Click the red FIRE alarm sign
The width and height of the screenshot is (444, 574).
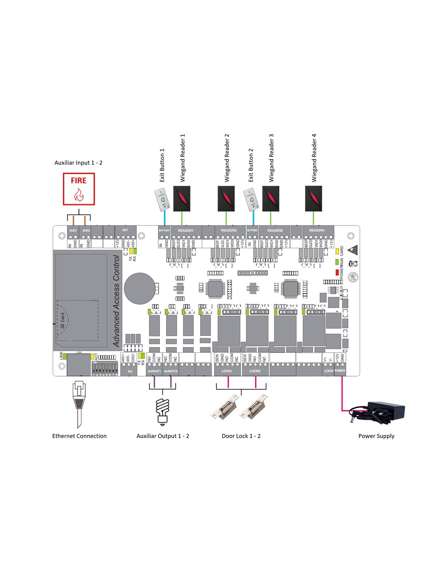(x=79, y=189)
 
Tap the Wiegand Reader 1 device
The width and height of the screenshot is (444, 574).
(x=182, y=198)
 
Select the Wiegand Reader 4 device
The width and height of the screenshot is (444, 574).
(x=313, y=198)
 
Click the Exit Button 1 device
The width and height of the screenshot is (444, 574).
(x=161, y=200)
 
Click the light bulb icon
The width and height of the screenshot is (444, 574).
(x=162, y=411)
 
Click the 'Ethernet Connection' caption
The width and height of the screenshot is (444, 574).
(x=79, y=436)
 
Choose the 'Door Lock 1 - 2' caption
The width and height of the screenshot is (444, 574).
(x=241, y=436)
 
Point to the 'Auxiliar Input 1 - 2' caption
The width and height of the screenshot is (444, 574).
(x=78, y=163)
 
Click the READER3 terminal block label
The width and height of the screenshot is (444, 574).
(x=275, y=230)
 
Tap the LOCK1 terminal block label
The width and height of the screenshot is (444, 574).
(x=227, y=371)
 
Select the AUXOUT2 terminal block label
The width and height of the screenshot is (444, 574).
(x=171, y=371)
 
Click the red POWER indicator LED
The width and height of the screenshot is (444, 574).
(x=337, y=272)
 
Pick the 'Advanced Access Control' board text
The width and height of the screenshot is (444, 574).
(x=116, y=301)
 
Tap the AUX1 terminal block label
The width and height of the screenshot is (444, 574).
(x=73, y=230)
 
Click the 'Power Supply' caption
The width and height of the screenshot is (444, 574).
(x=376, y=436)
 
